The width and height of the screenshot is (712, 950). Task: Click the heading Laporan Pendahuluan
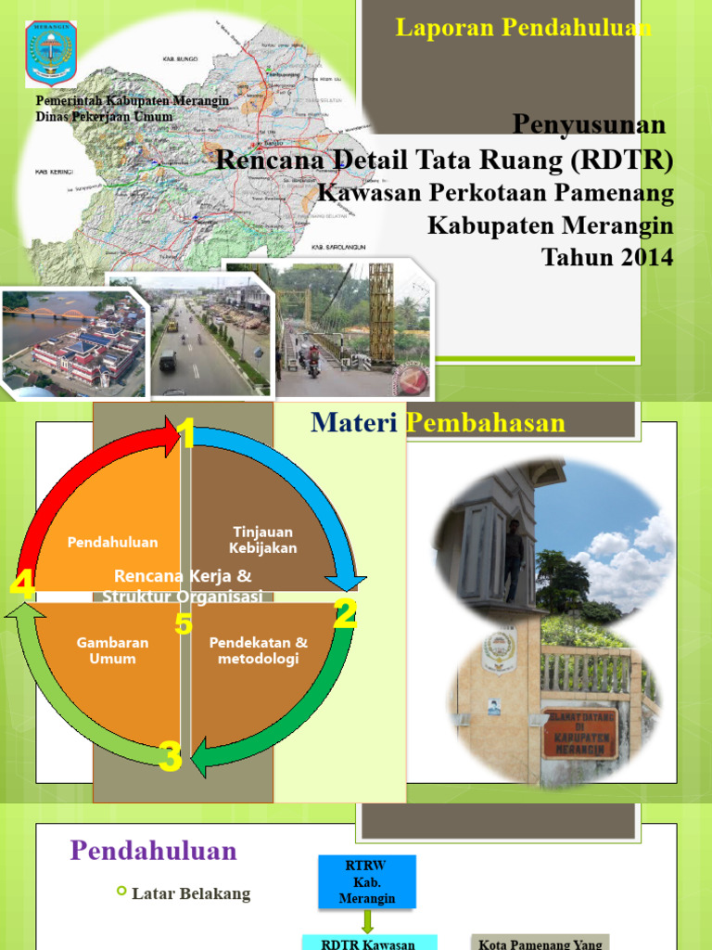coord(523,28)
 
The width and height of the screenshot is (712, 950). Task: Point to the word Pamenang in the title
coord(622,193)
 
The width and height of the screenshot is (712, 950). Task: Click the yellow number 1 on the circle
coord(187,433)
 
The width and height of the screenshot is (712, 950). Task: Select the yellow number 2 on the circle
coord(345,614)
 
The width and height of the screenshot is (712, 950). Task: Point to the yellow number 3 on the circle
coord(170,757)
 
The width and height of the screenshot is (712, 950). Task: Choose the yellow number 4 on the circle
coord(22,584)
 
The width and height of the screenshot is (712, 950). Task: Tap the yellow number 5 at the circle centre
coord(184,624)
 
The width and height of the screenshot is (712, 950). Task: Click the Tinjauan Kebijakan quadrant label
coord(263,540)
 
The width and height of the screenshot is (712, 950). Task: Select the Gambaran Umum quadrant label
coord(112,650)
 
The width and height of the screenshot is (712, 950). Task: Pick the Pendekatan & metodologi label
coord(259,650)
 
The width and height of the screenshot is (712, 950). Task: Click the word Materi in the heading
coord(355,423)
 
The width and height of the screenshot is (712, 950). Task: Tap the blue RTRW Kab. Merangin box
coord(366,881)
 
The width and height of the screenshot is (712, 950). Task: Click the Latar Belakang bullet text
coord(191,893)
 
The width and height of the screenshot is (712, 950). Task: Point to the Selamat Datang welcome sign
coord(579,733)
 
